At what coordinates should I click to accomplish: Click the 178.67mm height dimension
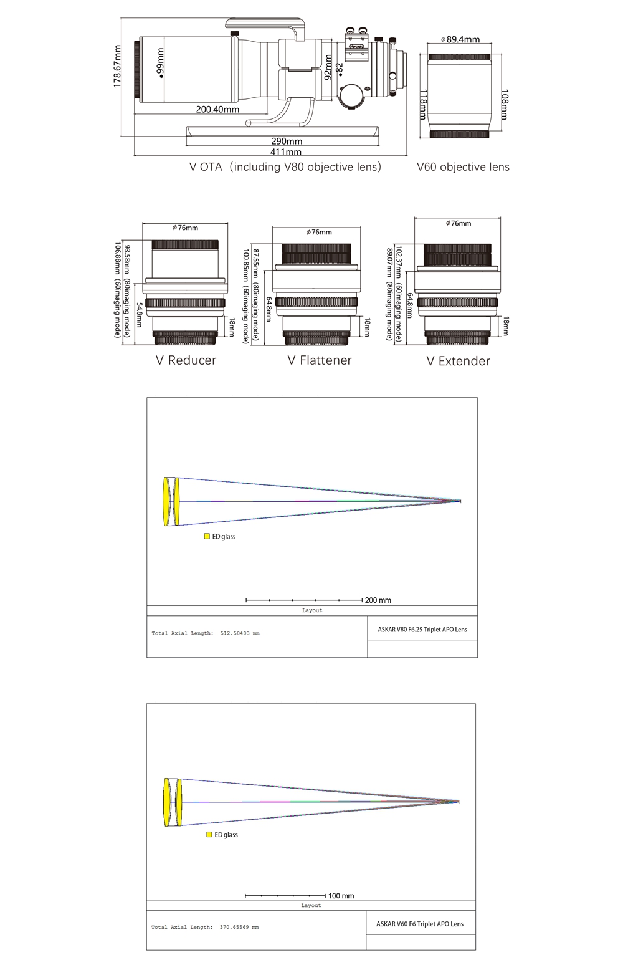(x=117, y=66)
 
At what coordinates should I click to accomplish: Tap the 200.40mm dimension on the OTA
(x=217, y=110)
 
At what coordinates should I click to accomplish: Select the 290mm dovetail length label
(x=287, y=142)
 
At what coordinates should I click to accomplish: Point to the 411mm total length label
(x=286, y=151)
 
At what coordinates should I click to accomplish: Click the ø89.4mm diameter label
(x=460, y=40)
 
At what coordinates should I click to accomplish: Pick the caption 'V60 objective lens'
(x=463, y=167)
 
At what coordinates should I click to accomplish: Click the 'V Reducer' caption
(x=186, y=360)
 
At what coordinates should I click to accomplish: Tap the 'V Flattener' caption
(x=320, y=360)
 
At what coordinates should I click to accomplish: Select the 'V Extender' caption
(x=458, y=361)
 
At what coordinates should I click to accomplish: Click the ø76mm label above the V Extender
(x=459, y=223)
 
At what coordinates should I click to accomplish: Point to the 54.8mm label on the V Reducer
(x=139, y=314)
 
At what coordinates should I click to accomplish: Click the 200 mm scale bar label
(x=378, y=600)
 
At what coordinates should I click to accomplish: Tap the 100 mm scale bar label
(x=341, y=896)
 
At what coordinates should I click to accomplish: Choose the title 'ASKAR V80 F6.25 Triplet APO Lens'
(x=422, y=630)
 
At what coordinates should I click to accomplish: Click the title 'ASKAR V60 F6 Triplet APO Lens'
(x=420, y=924)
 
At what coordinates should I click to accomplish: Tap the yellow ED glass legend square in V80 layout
(x=207, y=536)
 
